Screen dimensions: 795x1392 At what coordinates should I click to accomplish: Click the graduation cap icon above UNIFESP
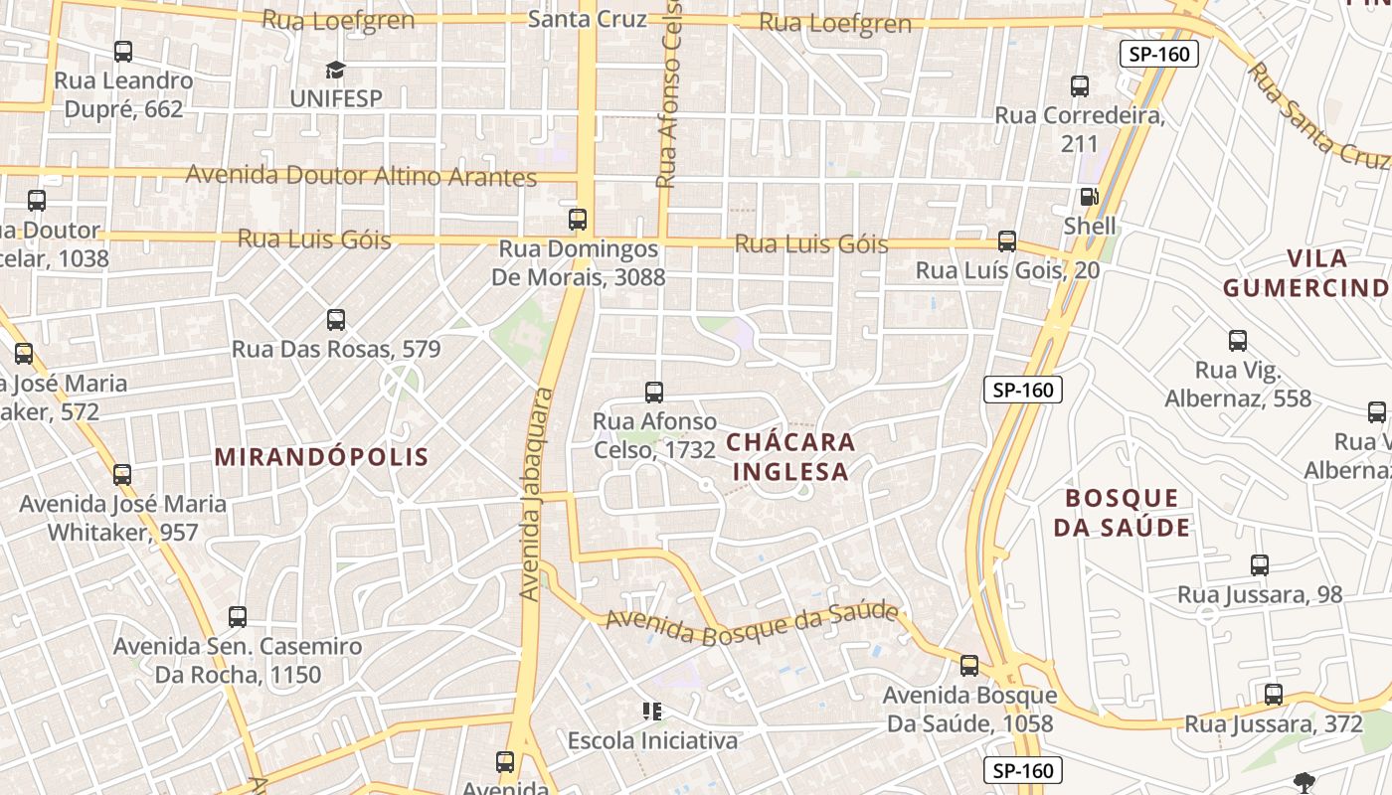coord(335,70)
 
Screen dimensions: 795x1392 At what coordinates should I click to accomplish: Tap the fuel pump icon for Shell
coord(1090,197)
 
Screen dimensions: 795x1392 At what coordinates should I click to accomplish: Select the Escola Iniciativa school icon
coord(652,711)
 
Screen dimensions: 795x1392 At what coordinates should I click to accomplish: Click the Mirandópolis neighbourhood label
coord(321,457)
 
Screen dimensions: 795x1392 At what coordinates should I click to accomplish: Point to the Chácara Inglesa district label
coord(791,456)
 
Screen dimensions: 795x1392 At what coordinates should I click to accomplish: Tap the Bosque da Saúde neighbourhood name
coord(1122,512)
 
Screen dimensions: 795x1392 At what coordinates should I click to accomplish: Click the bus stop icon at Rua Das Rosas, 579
coord(336,320)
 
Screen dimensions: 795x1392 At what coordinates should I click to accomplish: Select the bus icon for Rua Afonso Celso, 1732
coord(654,393)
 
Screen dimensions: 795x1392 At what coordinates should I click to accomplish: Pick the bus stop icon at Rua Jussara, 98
coord(1260,565)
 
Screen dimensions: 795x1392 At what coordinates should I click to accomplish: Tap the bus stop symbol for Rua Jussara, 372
coord(1274,695)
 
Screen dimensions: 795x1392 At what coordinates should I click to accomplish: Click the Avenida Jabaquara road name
coord(537,494)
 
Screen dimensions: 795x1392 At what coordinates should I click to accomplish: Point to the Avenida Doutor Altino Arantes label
coord(361,176)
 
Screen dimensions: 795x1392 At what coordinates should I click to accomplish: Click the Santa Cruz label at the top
coord(587,19)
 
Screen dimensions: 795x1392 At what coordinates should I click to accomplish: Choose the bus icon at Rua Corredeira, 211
coord(1080,86)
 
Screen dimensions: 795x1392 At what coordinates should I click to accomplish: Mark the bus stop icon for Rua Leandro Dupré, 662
coord(123,52)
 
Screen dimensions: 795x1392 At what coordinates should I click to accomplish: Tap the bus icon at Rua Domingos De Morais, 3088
coord(578,220)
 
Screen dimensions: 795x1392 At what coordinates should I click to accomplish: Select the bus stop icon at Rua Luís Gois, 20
coord(1007,241)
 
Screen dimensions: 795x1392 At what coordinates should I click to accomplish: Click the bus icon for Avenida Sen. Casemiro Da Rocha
coord(238,617)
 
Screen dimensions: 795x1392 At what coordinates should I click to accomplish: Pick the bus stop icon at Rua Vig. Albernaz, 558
coord(1238,341)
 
